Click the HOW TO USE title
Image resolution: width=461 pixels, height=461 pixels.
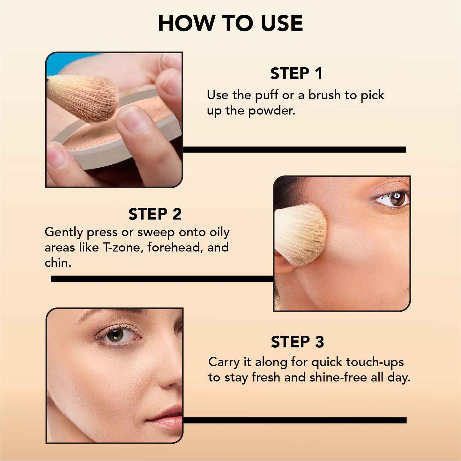pos(230,24)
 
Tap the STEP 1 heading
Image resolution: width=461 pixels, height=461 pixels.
pos(296,74)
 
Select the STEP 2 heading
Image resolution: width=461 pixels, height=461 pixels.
pos(155,214)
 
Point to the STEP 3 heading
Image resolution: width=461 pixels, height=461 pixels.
pos(297,342)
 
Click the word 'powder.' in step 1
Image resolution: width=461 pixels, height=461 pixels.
pos(272,111)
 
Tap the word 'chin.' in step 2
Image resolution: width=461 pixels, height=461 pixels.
pos(58,263)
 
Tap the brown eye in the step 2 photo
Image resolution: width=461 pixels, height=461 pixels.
pos(397,198)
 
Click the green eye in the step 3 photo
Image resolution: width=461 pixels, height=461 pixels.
pos(115,335)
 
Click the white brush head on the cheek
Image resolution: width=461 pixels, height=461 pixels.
pos(300,234)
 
